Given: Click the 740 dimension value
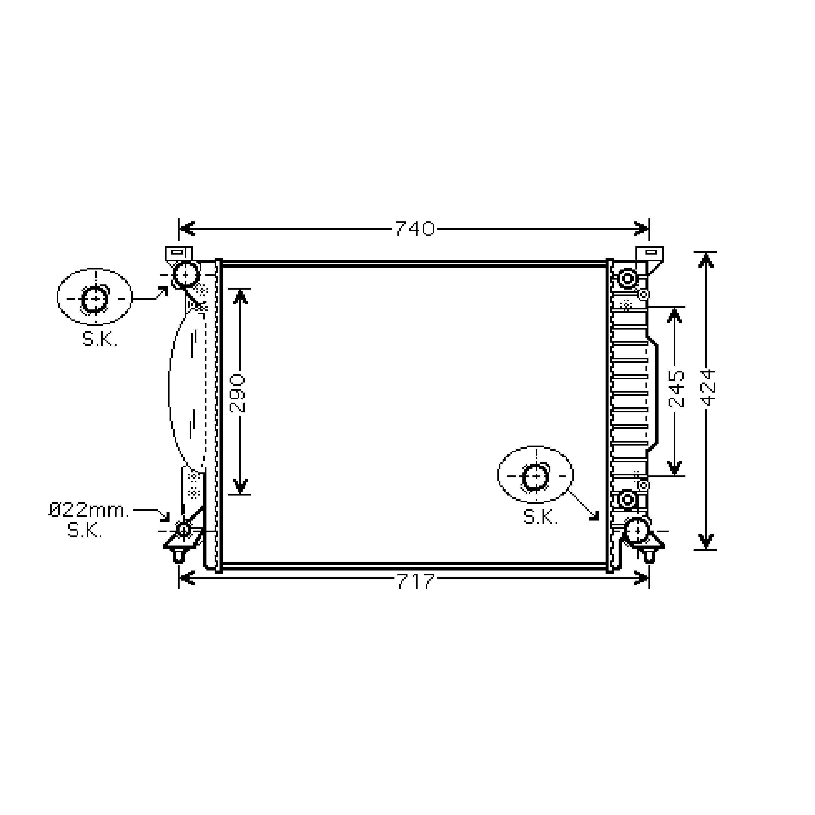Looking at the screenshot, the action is coord(414,229).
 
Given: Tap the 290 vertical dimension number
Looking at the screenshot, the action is coord(237,392).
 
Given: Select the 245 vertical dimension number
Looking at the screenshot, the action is coord(676,388).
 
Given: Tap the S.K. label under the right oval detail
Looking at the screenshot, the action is coord(540,517).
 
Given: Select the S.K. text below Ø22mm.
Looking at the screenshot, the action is coord(85,531).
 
